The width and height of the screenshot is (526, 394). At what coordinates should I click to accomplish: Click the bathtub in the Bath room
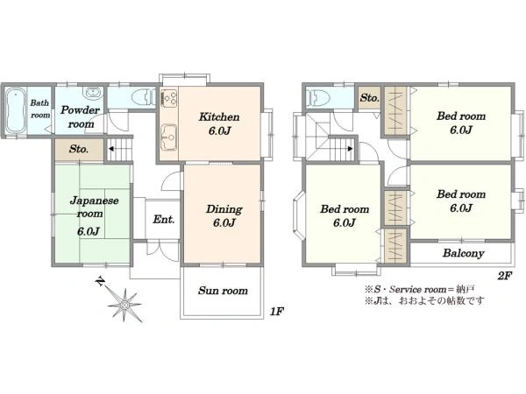tap(16, 111)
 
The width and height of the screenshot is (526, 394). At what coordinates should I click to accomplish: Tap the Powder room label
tap(81, 117)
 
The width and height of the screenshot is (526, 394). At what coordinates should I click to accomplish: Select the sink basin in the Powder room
tap(91, 93)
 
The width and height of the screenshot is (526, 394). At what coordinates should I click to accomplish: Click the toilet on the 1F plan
tap(143, 97)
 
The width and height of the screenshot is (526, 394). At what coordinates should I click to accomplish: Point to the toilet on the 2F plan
tap(318, 97)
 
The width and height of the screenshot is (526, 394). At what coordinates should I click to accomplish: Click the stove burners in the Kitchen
tap(169, 97)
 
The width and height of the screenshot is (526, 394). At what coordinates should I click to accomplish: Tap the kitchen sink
tap(169, 137)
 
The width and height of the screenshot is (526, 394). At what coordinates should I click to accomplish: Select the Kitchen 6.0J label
tap(219, 123)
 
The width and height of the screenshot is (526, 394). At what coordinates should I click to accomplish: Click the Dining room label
tap(224, 215)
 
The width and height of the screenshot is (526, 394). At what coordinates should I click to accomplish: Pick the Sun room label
tap(223, 290)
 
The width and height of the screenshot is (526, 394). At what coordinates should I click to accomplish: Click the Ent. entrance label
tap(164, 220)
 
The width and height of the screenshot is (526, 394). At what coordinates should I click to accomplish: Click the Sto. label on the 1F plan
tap(79, 149)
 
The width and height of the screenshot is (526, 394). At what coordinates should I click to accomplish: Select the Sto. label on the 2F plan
tap(369, 98)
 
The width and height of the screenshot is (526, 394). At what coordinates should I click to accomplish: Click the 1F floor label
tap(277, 312)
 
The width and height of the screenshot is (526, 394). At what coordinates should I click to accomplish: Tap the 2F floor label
tap(505, 276)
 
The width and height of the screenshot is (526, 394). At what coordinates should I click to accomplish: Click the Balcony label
tap(463, 253)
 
